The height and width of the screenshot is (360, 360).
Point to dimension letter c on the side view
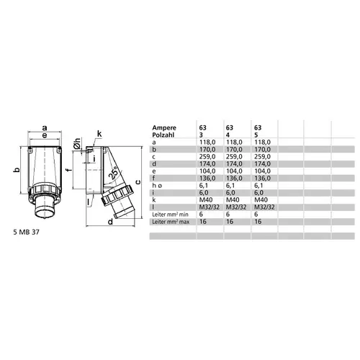138,181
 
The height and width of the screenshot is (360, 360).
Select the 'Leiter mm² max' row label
173,223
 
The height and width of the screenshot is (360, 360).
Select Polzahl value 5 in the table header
254,135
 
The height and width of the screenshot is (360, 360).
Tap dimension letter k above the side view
99,133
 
